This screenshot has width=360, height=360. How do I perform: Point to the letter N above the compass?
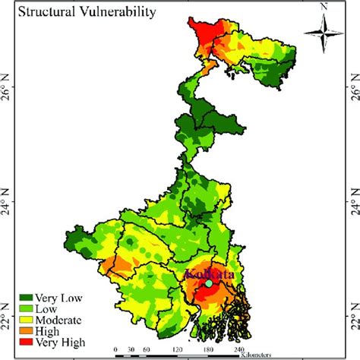324,7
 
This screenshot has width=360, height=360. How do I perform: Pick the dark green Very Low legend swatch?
27,298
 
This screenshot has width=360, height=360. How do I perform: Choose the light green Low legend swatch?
27,309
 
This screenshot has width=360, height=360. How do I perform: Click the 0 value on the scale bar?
115,350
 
